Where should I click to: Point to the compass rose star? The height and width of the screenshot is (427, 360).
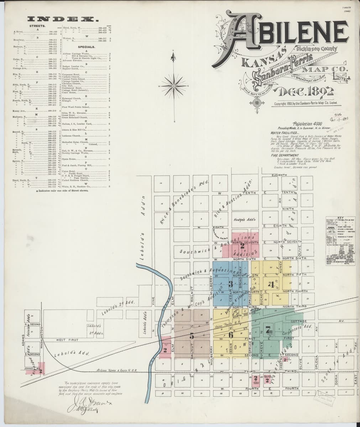(x=174, y=86)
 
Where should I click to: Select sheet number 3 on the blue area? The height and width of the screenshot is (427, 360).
(x=231, y=284)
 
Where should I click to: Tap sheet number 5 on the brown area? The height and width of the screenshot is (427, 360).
(x=192, y=335)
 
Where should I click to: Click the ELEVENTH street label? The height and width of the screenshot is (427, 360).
(x=279, y=175)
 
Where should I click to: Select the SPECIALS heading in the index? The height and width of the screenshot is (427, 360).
(x=86, y=47)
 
